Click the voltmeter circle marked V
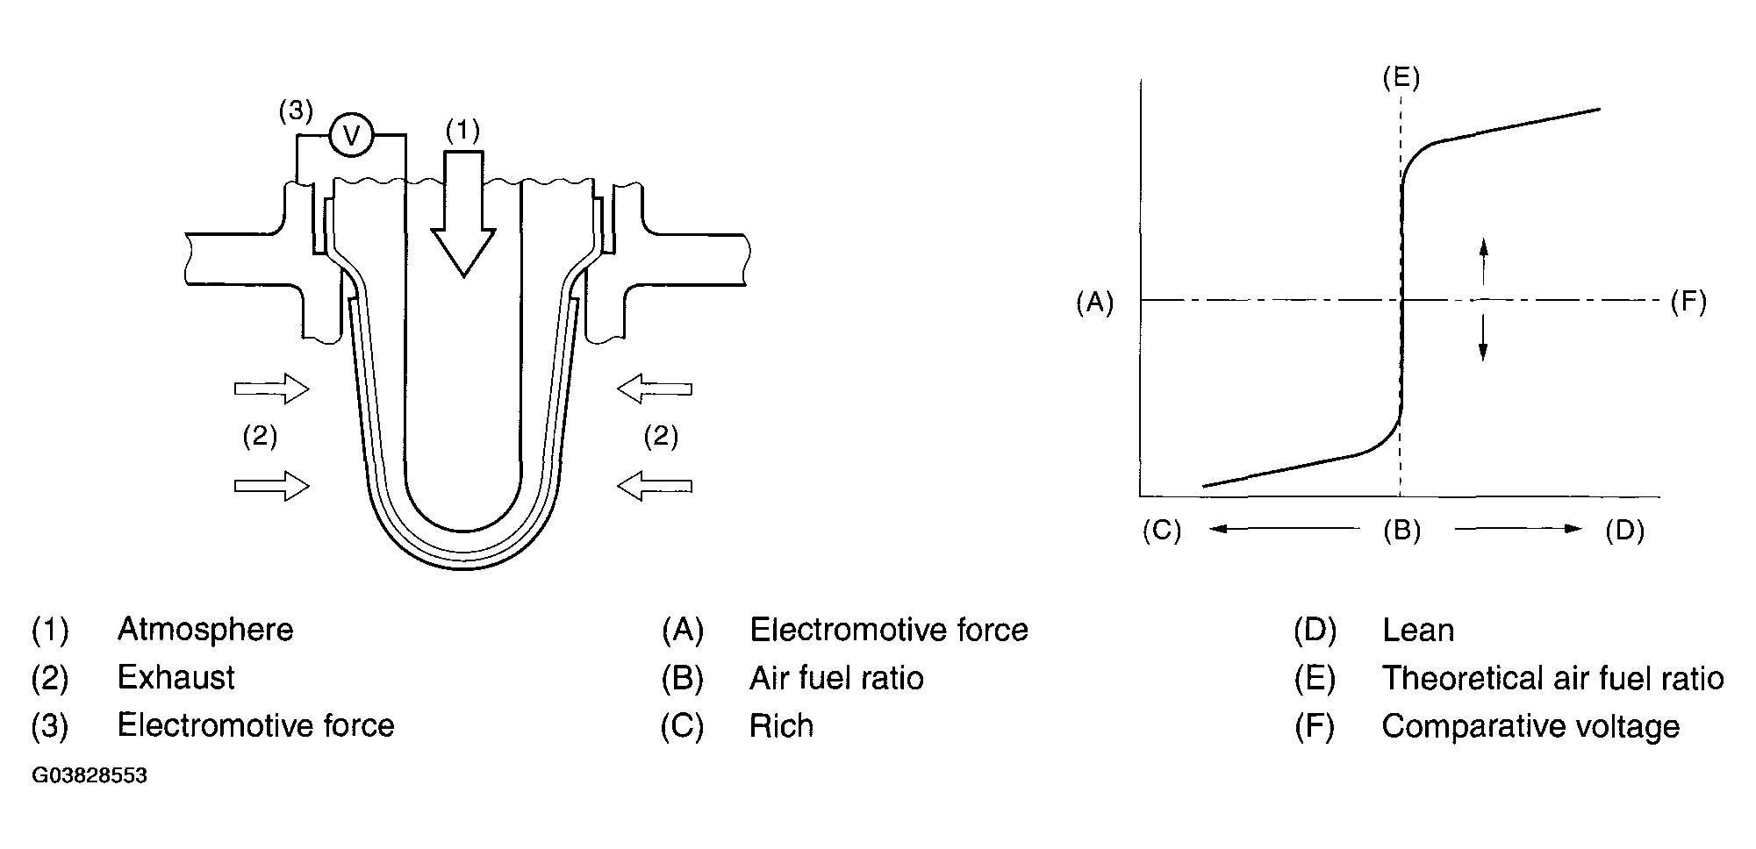pyautogui.click(x=352, y=135)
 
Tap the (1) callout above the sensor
pyautogui.click(x=462, y=131)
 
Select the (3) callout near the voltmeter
pyautogui.click(x=295, y=111)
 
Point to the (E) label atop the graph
pyautogui.click(x=1401, y=77)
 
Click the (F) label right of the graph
pyautogui.click(x=1688, y=303)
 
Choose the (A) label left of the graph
pyautogui.click(x=1094, y=303)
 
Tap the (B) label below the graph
pyautogui.click(x=1401, y=530)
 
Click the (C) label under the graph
pyautogui.click(x=1161, y=531)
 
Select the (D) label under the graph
pyautogui.click(x=1624, y=531)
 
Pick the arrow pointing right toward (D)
pyautogui.click(x=1518, y=529)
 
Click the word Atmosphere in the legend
pyautogui.click(x=205, y=630)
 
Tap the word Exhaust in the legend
pyautogui.click(x=176, y=678)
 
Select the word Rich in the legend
pyautogui.click(x=781, y=726)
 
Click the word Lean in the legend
pyautogui.click(x=1417, y=630)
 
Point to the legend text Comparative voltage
pyautogui.click(x=1530, y=726)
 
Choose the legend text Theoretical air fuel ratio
pyautogui.click(x=1552, y=678)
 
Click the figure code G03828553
pyautogui.click(x=90, y=776)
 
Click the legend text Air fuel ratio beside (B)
pyautogui.click(x=836, y=678)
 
